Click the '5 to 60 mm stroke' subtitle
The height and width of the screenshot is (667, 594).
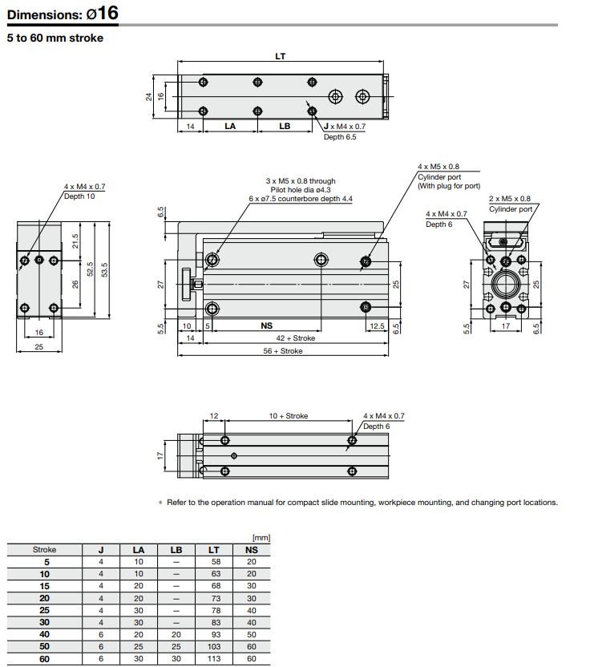pos(55,38)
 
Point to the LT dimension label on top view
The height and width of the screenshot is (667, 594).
pos(281,56)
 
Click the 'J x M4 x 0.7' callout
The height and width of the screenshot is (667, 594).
pos(344,127)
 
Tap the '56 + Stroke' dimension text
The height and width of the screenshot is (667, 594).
pos(285,350)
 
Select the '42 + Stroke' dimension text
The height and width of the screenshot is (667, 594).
pos(296,338)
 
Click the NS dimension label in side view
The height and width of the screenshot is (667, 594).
pos(266,326)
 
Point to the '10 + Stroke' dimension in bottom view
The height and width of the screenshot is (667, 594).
pos(288,416)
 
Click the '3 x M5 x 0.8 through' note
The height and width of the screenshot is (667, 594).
pos(301,181)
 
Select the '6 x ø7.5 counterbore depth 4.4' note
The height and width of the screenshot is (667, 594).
pos(301,199)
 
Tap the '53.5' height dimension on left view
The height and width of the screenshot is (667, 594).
pos(104,270)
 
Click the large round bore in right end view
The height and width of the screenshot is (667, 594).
pos(506,285)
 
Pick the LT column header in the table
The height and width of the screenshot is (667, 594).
pos(214,550)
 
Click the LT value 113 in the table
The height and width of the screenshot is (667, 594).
pos(214,659)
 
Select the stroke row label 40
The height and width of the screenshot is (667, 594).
pos(45,635)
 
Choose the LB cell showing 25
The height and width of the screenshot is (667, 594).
pos(176,647)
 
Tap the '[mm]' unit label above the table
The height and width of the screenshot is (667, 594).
pos(261,538)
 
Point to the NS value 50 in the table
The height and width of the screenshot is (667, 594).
pos(252,635)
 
